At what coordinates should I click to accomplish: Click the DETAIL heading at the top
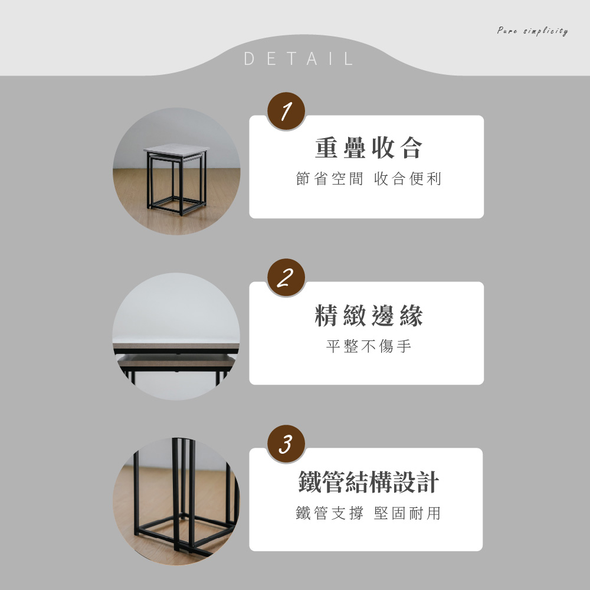point(299,58)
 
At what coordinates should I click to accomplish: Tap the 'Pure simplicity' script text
point(532,31)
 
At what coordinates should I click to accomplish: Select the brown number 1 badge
point(286,111)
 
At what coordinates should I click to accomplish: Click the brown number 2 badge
point(286,277)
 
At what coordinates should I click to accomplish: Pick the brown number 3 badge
point(286,444)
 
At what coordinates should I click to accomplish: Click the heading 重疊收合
point(369,148)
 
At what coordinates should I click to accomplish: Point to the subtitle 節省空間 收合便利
point(369,179)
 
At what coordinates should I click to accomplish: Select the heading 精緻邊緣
point(369,315)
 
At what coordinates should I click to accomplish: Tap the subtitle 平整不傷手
point(369,346)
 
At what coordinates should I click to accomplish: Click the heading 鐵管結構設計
point(369,481)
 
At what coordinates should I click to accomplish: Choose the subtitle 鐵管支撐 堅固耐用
point(368,513)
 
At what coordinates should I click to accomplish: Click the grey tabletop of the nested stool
point(176,150)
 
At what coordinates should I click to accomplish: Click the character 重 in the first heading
point(326,148)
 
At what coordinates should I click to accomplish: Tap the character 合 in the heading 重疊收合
point(412,148)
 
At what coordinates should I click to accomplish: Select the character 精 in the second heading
point(326,315)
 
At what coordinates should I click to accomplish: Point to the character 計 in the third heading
point(428,481)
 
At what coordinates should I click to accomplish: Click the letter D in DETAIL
point(249,58)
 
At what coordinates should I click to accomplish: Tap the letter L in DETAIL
point(349,58)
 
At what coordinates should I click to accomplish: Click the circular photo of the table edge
point(176,336)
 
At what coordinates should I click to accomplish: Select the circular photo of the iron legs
point(176,501)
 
